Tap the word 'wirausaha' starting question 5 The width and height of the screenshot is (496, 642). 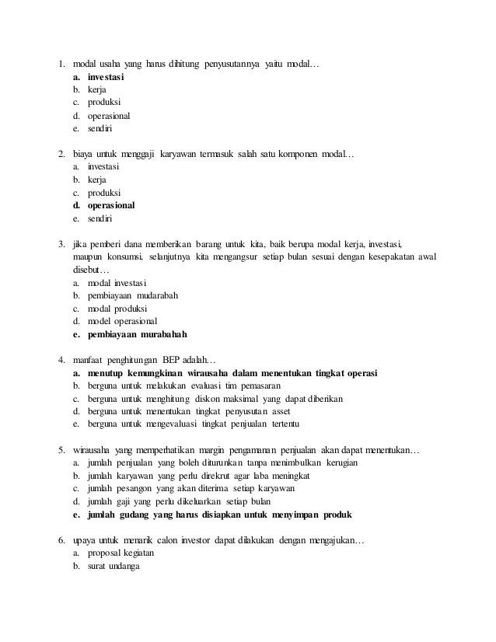(x=91, y=449)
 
